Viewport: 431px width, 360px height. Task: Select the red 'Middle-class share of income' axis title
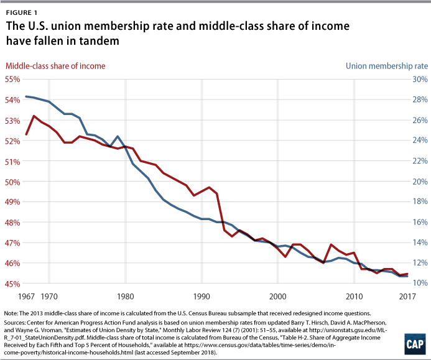(x=55, y=65)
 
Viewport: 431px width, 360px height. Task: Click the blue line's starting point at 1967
(x=26, y=96)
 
